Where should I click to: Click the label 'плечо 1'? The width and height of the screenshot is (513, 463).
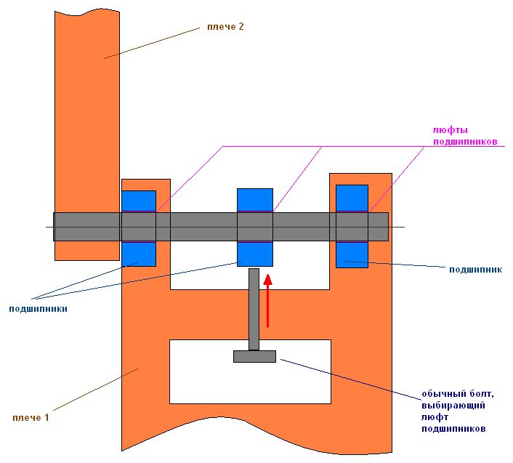pyautogui.click(x=31, y=417)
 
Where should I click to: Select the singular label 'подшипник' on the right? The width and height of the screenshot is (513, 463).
pyautogui.click(x=476, y=269)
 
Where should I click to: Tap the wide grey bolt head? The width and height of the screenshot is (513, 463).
pyautogui.click(x=254, y=356)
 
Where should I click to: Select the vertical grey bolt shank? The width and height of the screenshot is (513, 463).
pyautogui.click(x=254, y=309)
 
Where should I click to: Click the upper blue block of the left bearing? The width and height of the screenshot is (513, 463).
pyautogui.click(x=139, y=201)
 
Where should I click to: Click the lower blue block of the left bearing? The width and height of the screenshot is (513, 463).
pyautogui.click(x=139, y=254)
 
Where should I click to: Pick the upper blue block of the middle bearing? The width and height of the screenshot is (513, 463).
pyautogui.click(x=255, y=199)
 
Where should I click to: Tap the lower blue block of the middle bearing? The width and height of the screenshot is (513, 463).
pyautogui.click(x=255, y=254)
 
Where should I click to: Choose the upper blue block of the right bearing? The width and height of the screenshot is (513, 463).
pyautogui.click(x=352, y=198)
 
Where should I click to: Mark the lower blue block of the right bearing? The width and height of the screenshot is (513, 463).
pyautogui.click(x=352, y=254)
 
